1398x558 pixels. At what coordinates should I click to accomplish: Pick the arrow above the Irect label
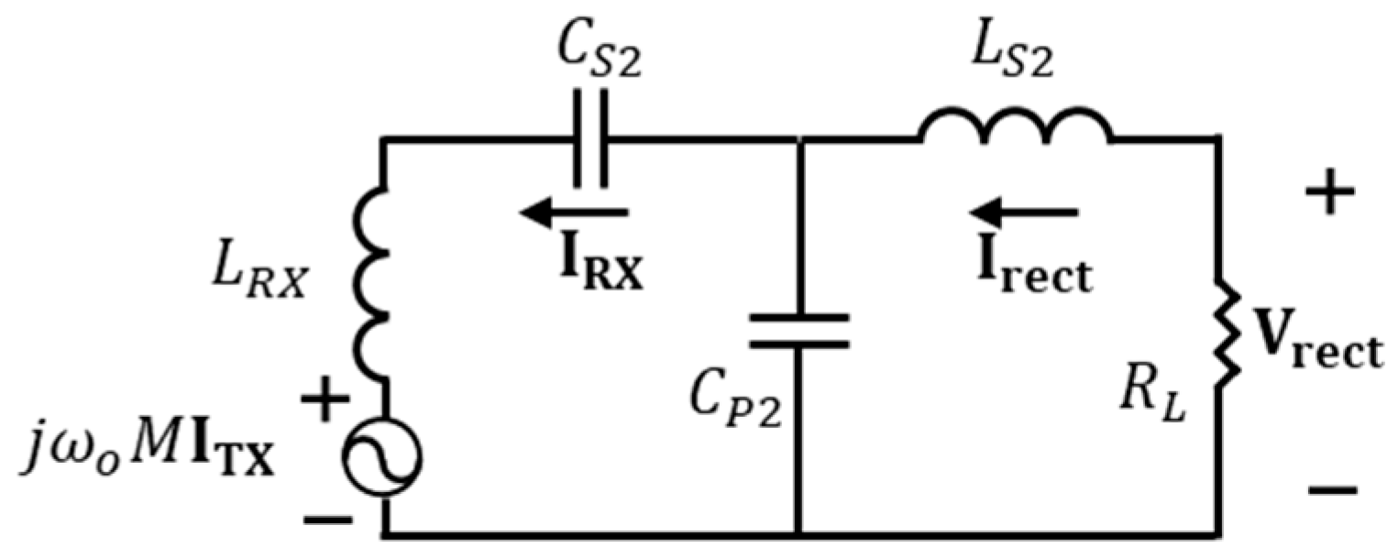pyautogui.click(x=1025, y=213)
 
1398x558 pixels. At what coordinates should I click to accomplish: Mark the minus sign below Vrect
pyautogui.click(x=1330, y=490)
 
